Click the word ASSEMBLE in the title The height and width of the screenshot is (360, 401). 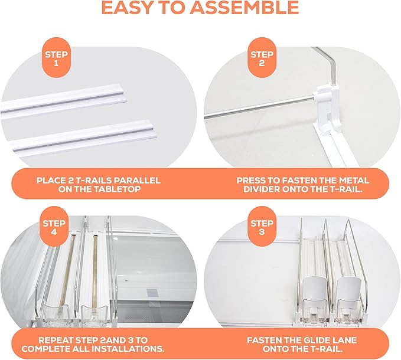(244, 8)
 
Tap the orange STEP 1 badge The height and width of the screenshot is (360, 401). (56, 58)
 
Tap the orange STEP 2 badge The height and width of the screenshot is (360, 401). (262, 58)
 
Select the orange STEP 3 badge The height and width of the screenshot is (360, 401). (262, 227)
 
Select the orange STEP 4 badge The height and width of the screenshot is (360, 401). (54, 227)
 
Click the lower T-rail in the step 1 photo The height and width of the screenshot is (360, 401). (82, 136)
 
